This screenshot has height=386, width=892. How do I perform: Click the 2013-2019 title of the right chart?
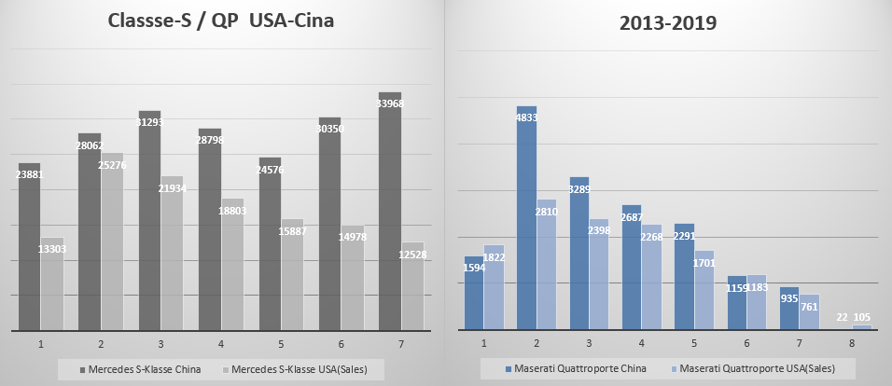point(668,24)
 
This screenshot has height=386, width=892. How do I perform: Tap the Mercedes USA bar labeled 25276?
point(111,241)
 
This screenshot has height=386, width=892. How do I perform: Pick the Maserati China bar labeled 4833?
point(526,218)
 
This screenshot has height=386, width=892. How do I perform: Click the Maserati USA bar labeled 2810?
point(547,265)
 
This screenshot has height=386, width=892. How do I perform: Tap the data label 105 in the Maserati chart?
point(861,318)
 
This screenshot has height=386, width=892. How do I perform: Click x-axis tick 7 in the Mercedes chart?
point(401,344)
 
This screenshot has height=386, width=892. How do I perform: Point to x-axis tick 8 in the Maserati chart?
point(851,343)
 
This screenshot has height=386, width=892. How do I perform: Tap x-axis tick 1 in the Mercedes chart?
point(40,344)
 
